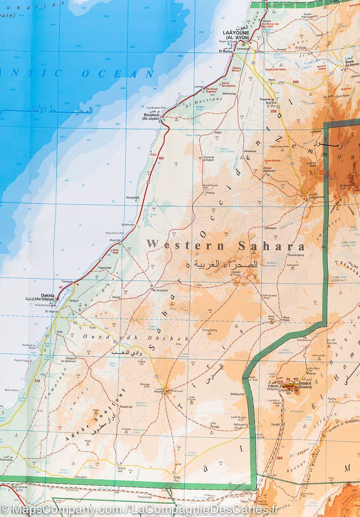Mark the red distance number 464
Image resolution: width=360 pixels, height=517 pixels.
tap(161, 159)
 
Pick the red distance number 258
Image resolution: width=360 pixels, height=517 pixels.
tap(273, 111)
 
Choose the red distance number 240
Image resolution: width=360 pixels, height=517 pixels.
tap(295, 81)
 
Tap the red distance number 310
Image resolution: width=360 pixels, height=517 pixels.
tap(37, 381)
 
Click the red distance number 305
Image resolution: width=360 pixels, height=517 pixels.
tap(279, 458)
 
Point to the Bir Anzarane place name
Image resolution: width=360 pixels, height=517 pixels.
tap(160, 290)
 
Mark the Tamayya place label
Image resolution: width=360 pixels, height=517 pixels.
tap(67, 281)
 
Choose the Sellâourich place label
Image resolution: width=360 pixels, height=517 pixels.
tap(237, 394)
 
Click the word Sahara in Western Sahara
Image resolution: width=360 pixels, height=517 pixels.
tap(271, 247)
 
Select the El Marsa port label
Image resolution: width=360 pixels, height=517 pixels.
tap(226, 51)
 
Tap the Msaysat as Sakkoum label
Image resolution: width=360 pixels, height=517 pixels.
tap(68, 359)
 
